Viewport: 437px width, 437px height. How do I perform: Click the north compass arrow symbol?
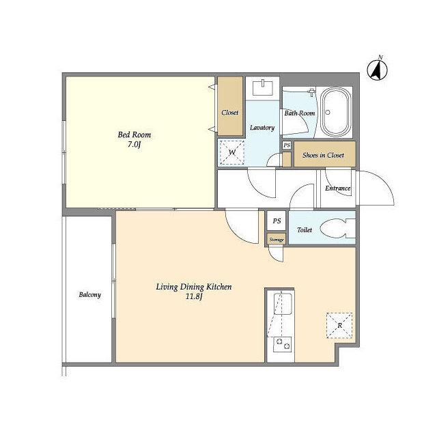pos(377,70)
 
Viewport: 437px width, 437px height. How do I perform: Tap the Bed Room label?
pos(135,135)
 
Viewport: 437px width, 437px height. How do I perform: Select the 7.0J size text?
pos(135,145)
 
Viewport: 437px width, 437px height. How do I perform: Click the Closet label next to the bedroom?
pos(230,113)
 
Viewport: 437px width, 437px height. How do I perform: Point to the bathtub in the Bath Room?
pos(336,112)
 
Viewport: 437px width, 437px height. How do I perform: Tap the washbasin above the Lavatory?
pos(262,87)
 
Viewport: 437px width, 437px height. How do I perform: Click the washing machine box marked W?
pos(232,152)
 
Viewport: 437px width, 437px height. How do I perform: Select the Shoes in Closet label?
pos(323,155)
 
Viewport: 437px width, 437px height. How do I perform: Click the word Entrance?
pos(337,188)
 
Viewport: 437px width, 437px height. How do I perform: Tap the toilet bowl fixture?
pos(337,228)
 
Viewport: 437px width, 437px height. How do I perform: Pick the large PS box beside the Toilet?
pos(277,221)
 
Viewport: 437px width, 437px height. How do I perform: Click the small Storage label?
pos(277,240)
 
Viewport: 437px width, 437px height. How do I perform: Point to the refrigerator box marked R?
pos(339,326)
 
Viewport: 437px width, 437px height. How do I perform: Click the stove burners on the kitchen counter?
pos(283,344)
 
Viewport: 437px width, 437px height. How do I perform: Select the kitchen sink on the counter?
pos(283,304)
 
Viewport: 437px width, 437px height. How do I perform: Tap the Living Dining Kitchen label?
pos(194,287)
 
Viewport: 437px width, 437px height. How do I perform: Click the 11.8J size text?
pos(194,296)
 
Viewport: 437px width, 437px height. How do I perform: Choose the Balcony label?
pos(89,295)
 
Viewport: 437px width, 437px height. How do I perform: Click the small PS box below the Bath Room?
pos(287,145)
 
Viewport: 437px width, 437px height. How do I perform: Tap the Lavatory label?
pos(262,128)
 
